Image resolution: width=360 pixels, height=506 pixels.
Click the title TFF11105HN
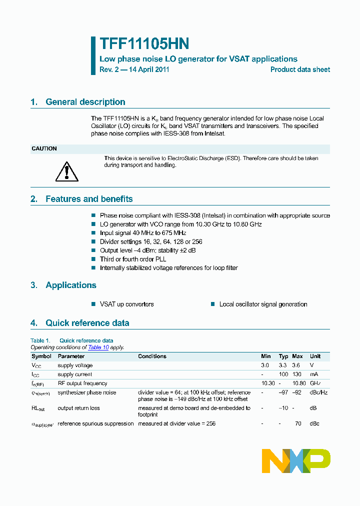[144, 44]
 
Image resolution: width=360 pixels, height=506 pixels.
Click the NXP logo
[296, 460]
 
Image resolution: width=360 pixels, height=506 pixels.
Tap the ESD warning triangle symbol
[64, 171]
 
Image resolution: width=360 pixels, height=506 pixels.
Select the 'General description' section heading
[85, 102]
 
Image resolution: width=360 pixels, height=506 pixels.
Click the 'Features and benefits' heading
[89, 199]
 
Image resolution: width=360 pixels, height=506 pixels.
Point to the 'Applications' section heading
[70, 285]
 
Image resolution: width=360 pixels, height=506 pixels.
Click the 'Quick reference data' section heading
[87, 323]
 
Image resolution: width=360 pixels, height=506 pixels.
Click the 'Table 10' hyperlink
[98, 347]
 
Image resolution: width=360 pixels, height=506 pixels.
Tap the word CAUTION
[44, 149]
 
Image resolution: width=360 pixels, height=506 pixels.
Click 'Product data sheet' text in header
[300, 69]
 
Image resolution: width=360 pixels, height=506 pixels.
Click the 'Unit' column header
[315, 356]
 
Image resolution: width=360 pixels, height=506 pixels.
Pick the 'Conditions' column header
[152, 356]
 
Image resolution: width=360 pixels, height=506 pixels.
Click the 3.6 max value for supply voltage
[297, 365]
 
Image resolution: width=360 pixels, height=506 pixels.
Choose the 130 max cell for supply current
[297, 374]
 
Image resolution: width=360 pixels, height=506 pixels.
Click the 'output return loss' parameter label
[78, 408]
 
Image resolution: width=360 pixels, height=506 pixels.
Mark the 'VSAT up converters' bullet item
[126, 304]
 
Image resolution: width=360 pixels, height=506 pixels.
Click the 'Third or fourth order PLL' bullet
[132, 259]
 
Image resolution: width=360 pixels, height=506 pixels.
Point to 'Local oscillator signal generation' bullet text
[263, 304]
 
